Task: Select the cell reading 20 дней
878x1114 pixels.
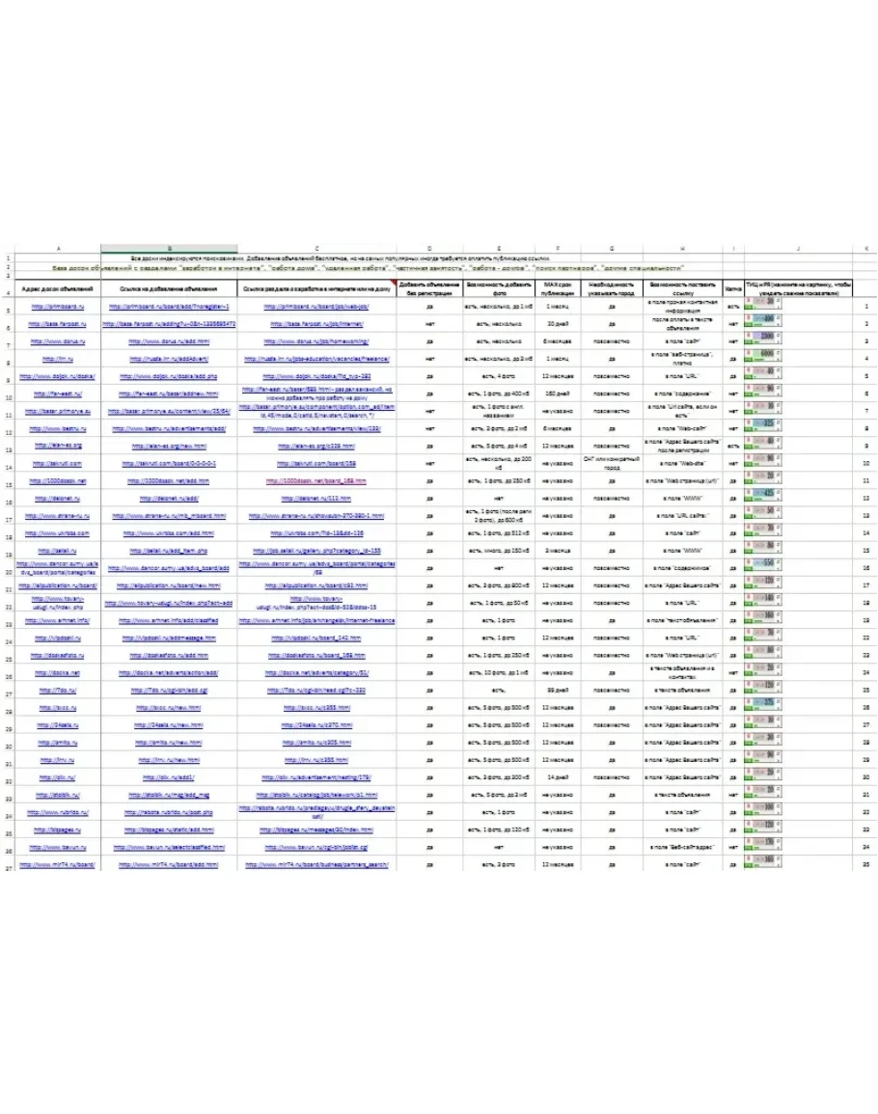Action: tap(560, 325)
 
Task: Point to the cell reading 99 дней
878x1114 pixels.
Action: tap(560, 691)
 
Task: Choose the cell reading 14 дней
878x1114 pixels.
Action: tap(560, 776)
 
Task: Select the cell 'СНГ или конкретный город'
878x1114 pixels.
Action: tap(606, 463)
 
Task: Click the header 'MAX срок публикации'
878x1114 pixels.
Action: tap(560, 288)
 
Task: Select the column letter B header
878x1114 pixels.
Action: tap(169, 249)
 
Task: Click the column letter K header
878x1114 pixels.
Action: tap(866, 249)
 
